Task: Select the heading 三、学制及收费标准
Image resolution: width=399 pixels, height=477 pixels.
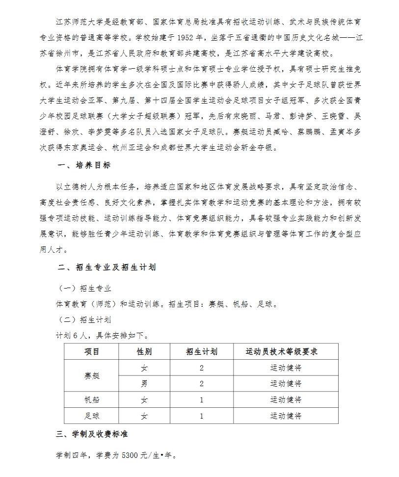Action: coord(93,434)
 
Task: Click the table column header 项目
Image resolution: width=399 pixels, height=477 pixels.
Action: coord(92,351)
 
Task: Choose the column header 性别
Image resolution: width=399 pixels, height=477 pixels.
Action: coord(144,351)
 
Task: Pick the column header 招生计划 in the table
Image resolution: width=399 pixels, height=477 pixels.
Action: coord(202,351)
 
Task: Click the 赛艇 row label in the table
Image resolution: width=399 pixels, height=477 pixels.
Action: coord(92,375)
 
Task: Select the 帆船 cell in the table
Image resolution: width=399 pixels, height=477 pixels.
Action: coord(92,399)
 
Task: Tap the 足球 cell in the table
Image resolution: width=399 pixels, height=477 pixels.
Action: coord(92,416)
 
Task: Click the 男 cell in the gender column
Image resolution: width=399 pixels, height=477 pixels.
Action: coord(144,383)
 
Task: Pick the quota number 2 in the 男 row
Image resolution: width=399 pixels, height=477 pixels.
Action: coord(202,383)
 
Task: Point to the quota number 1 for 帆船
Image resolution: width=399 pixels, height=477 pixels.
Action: coord(202,399)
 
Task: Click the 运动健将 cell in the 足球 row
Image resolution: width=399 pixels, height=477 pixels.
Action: coord(286,416)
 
